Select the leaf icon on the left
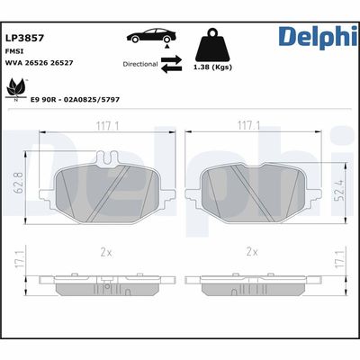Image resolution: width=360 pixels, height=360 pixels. tap(14, 88)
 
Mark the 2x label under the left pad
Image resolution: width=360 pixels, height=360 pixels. tap(108, 253)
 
